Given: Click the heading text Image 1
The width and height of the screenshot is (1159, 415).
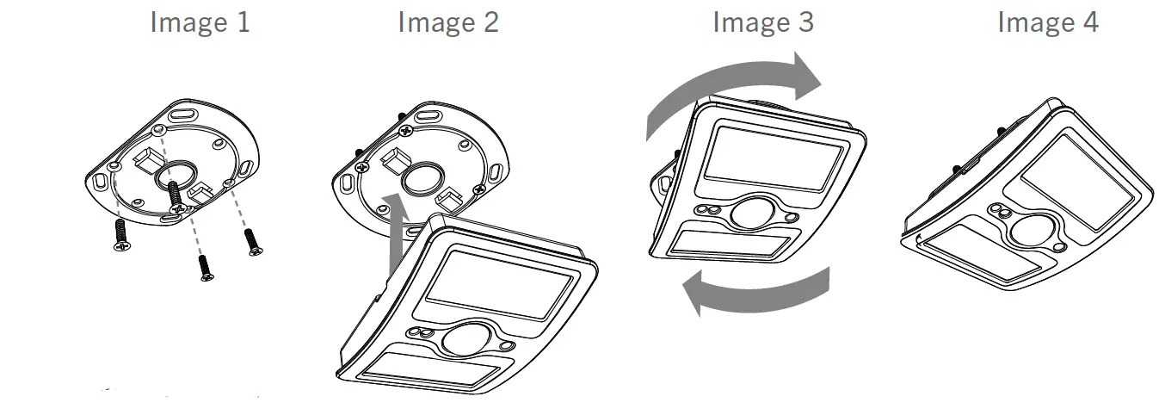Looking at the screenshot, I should pos(200,22).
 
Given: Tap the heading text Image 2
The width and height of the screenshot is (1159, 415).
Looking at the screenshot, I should pos(447,22).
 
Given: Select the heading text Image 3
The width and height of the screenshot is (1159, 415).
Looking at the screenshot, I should pos(762,22).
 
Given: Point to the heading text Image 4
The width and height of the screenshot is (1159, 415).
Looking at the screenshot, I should pos(1047,22).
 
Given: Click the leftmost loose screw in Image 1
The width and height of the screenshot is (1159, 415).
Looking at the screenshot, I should pos(120,235).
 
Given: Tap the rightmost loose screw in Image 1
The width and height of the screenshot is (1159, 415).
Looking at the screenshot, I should pos(253,241).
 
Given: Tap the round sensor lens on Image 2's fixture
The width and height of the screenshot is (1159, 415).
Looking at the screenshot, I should pos(465,338).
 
